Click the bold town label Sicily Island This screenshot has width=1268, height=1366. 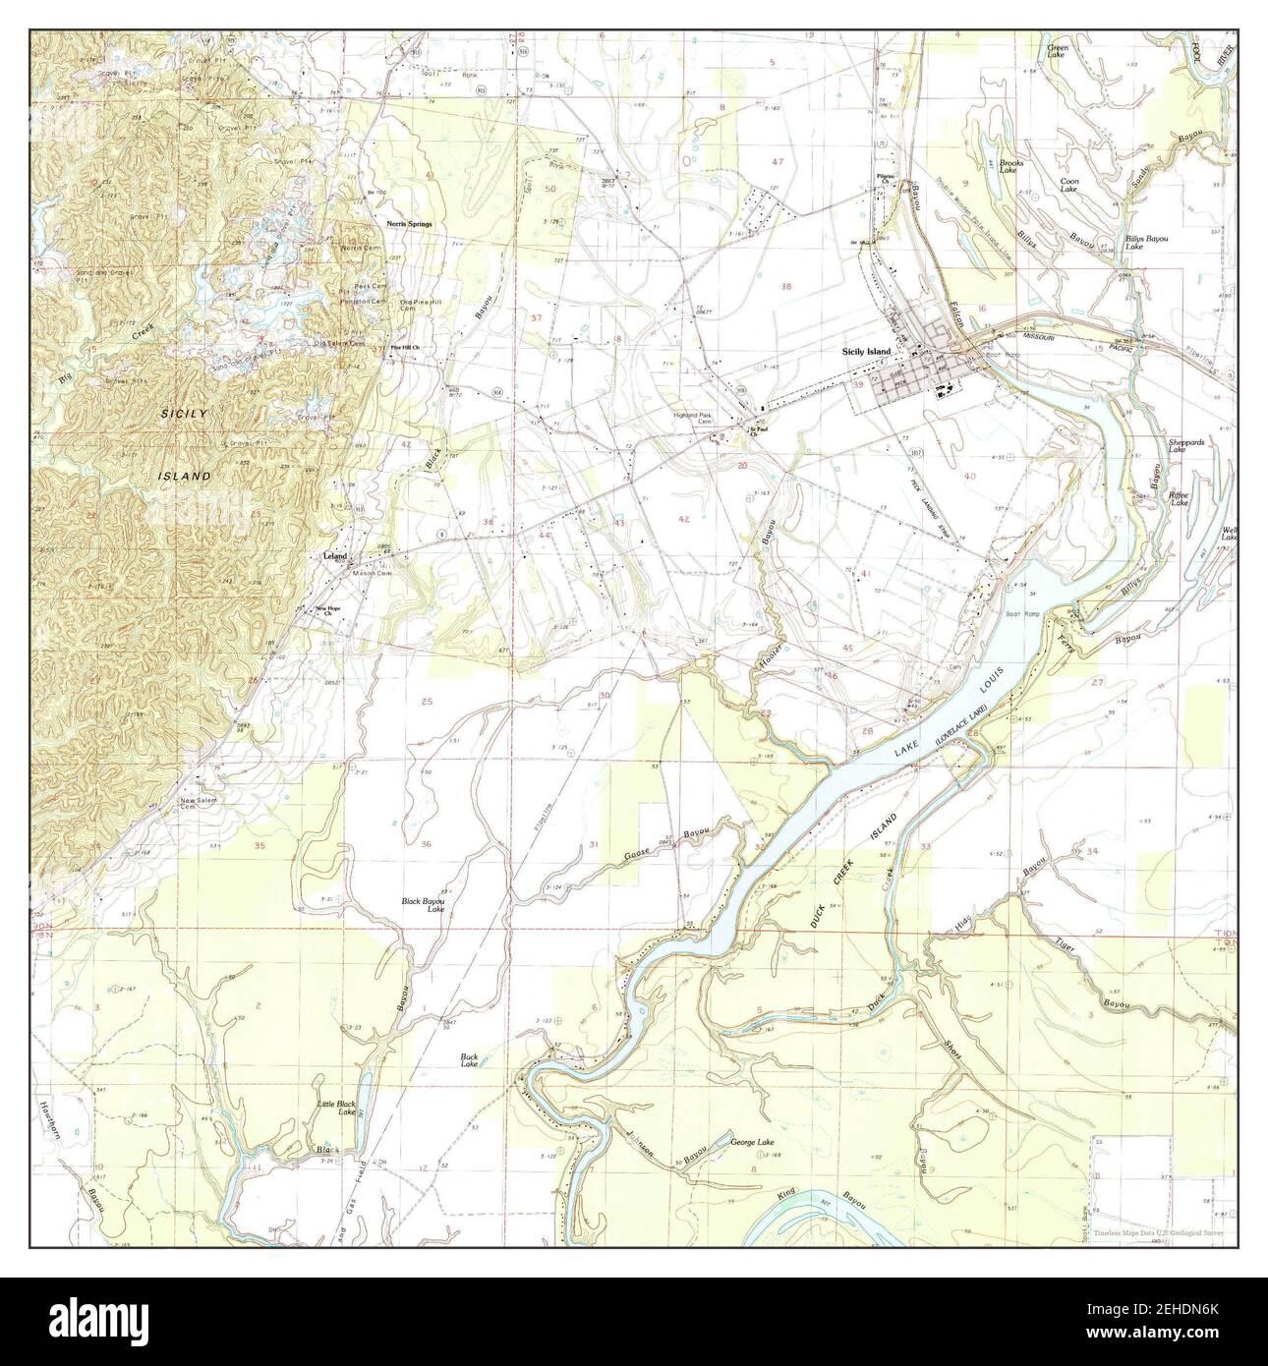click(866, 352)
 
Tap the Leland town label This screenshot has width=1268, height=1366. click(336, 557)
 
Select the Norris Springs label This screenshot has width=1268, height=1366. click(407, 224)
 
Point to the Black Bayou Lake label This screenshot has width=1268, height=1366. click(424, 905)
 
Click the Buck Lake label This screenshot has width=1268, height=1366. click(470, 1060)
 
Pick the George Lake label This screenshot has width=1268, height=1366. click(753, 1143)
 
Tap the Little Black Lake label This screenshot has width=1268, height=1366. click(335, 1109)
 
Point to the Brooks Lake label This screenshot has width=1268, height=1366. click(1011, 166)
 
